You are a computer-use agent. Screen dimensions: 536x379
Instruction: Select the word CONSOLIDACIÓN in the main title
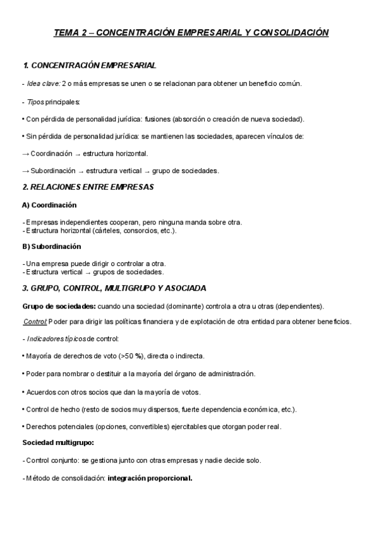click(291, 33)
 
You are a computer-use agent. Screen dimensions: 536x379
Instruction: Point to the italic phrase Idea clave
click(44, 83)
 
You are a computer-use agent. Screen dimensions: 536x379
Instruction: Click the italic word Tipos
click(36, 101)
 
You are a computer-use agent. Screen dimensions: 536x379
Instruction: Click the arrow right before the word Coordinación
click(25, 154)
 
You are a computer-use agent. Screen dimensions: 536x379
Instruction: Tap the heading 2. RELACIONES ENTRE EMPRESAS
click(88, 187)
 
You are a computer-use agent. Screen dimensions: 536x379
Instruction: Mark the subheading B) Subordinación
click(52, 247)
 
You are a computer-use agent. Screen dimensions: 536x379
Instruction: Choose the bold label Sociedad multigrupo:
click(57, 442)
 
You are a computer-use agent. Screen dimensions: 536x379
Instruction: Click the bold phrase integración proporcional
click(150, 478)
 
